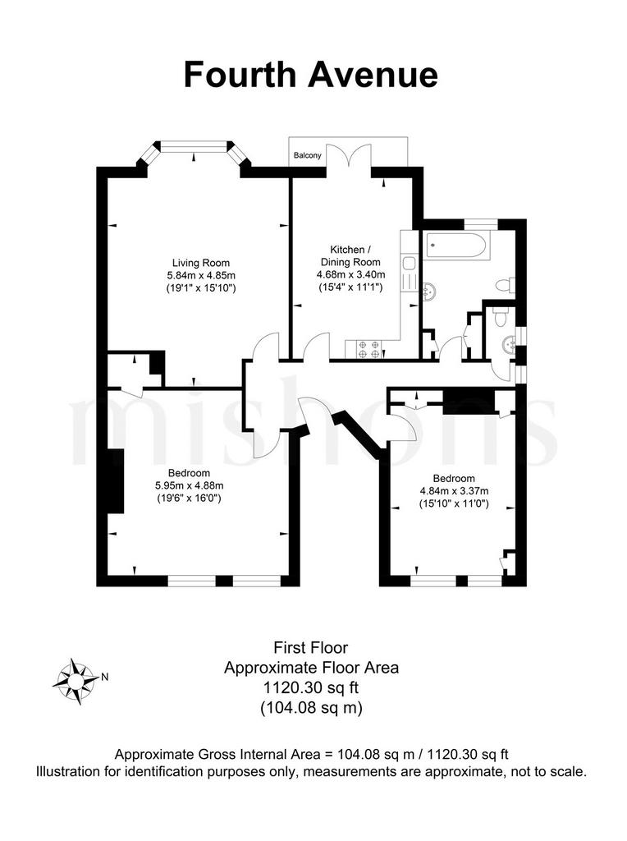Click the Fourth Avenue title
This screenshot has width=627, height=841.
tap(311, 75)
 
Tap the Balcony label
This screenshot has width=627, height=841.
tap(308, 155)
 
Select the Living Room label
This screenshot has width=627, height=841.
tap(201, 263)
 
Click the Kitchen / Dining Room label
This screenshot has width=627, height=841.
tap(350, 255)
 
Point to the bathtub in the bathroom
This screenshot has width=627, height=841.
tap(455, 246)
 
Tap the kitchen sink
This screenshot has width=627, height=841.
tap(410, 264)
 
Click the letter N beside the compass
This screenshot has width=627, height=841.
tap(105, 677)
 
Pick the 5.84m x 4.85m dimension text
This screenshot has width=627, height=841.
tap(201, 276)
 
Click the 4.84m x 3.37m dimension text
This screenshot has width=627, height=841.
tap(454, 491)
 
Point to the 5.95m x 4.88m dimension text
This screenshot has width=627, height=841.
tap(190, 485)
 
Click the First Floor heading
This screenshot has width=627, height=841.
tap(311, 647)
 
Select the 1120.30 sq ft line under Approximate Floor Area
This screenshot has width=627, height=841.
tap(311, 687)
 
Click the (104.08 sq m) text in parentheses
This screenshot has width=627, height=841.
tap(311, 708)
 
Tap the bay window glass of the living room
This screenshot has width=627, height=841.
tap(194, 146)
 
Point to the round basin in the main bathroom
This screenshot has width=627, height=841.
tap(430, 290)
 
